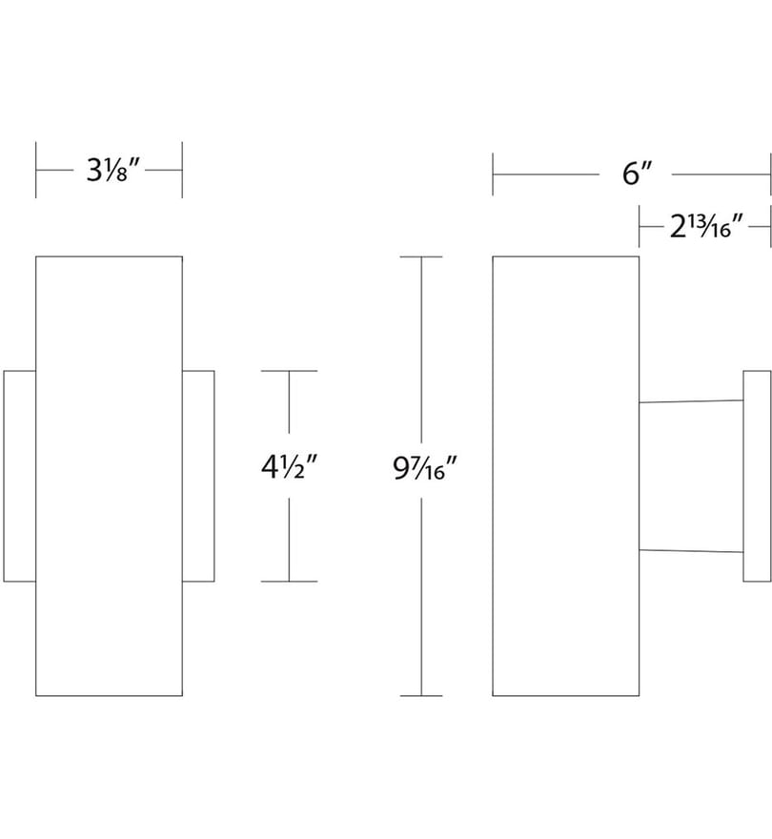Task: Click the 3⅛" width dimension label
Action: click(x=112, y=170)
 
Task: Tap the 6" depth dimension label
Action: click(x=637, y=174)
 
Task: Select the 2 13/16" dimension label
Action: click(x=706, y=227)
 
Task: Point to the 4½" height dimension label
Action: click(x=290, y=466)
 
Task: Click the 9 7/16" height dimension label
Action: click(x=425, y=468)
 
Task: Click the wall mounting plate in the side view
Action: click(x=757, y=476)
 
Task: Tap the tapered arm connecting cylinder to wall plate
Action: click(x=691, y=476)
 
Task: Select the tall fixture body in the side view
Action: click(x=565, y=476)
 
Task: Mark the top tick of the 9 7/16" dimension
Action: click(x=421, y=256)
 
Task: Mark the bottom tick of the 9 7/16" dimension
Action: click(x=421, y=696)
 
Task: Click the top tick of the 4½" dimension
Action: click(x=289, y=371)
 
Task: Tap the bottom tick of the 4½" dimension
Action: click(x=289, y=581)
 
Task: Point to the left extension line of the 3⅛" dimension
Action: click(x=36, y=170)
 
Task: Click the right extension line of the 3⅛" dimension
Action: click(x=182, y=170)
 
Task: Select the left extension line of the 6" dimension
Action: click(x=493, y=174)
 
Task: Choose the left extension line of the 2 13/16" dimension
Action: click(x=640, y=226)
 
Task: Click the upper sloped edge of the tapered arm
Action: click(x=691, y=401)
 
